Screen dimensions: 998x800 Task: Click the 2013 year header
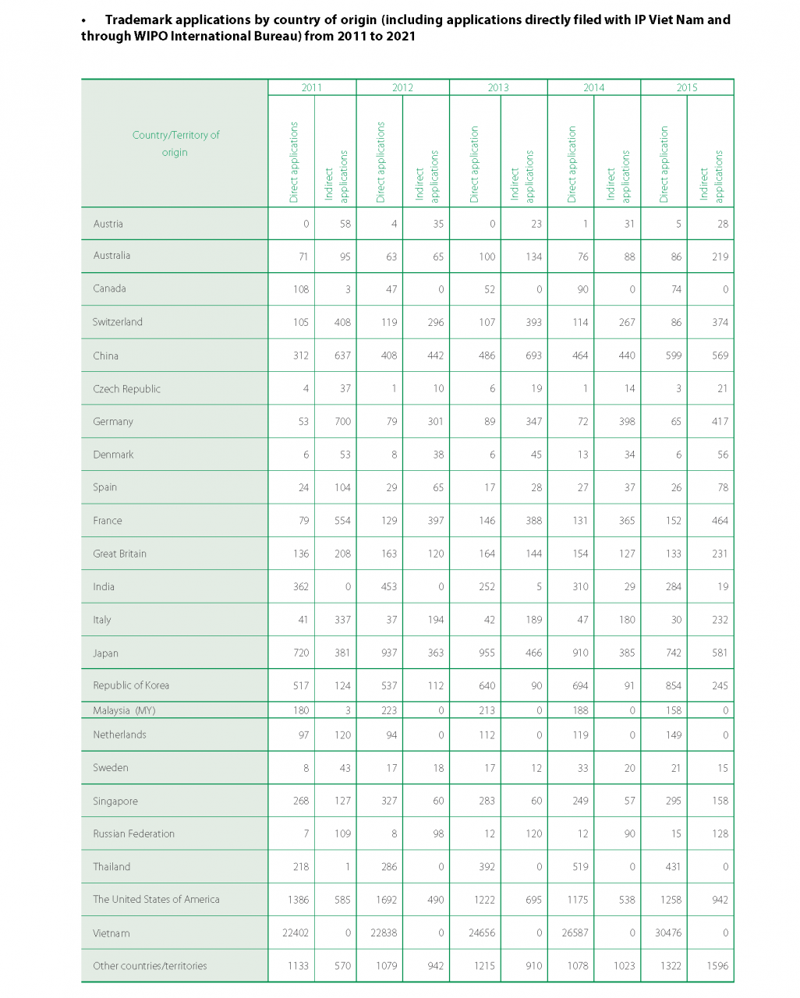(498, 87)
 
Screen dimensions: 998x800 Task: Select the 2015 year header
(687, 87)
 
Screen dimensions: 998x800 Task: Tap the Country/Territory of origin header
(175, 143)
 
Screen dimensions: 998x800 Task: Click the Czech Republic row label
(126, 389)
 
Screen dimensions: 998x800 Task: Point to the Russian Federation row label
(133, 833)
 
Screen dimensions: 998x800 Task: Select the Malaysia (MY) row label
(124, 710)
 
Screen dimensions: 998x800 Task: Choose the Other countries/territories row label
(150, 966)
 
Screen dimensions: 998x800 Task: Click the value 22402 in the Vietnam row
(296, 933)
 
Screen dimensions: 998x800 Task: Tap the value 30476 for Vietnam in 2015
(668, 933)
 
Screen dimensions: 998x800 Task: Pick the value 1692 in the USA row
(386, 900)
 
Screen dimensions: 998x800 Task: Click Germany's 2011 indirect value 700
(342, 422)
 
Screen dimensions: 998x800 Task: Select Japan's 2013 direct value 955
(487, 653)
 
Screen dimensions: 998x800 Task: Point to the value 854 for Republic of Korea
(673, 686)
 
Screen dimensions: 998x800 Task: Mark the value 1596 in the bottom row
(717, 966)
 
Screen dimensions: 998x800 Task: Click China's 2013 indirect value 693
(533, 356)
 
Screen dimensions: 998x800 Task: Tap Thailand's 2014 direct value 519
(580, 867)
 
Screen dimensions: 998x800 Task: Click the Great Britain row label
(119, 554)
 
